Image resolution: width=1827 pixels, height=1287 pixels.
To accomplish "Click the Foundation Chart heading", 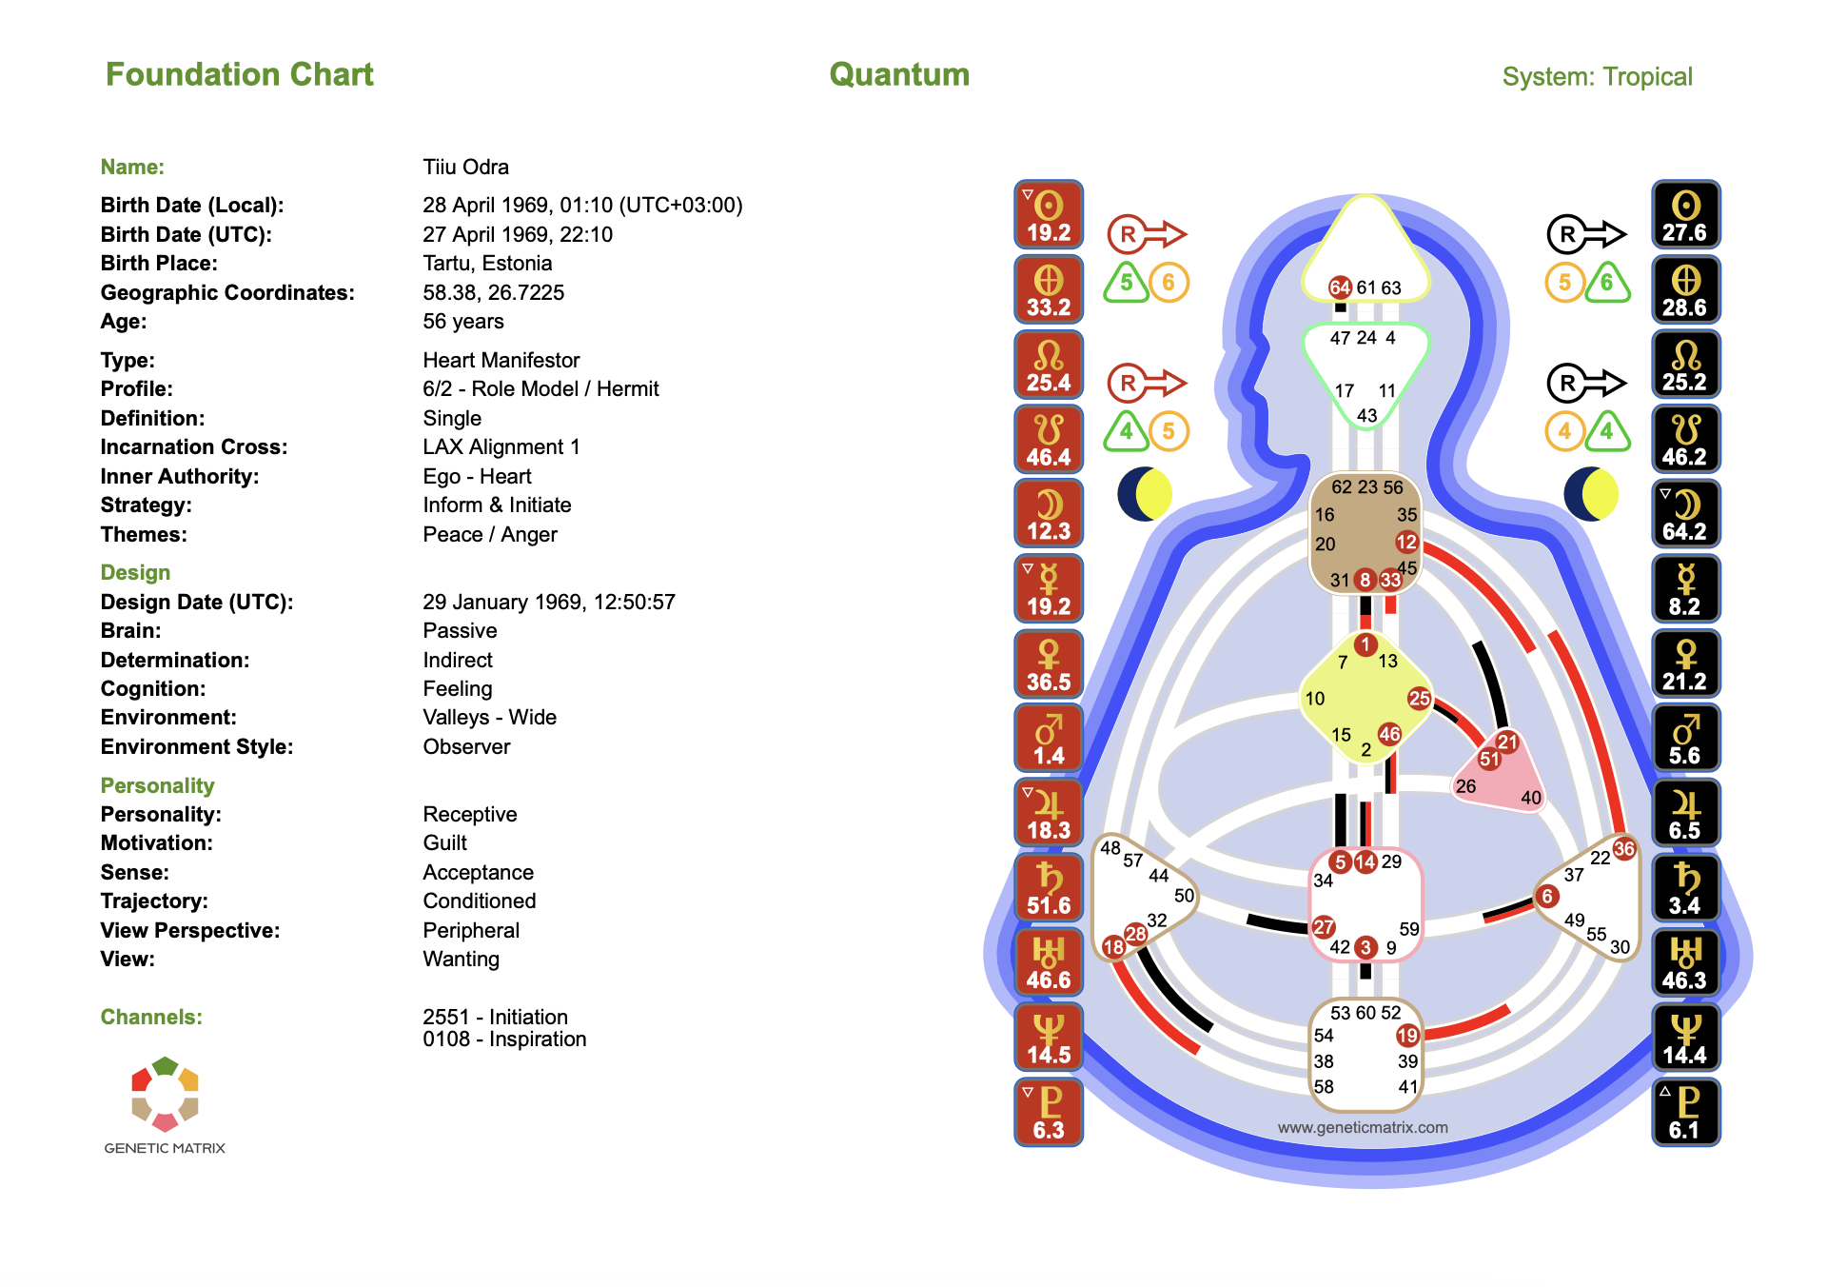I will point(239,74).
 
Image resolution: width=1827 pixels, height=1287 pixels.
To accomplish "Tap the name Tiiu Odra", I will point(465,167).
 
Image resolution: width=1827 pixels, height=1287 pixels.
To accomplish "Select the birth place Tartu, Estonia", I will point(487,263).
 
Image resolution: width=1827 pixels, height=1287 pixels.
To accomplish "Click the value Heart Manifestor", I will point(501,360).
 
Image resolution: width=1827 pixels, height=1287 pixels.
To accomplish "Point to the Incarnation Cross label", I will point(193,446).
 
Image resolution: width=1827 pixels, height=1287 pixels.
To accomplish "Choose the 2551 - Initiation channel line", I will point(495,1017).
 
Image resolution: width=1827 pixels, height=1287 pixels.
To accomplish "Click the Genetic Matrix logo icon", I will point(165,1094).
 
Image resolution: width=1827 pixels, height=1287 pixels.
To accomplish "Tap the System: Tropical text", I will point(1597,76).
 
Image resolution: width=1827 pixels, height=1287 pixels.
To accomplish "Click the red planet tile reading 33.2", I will point(1049,289).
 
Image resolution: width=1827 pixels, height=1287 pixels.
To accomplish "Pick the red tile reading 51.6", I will point(1049,887).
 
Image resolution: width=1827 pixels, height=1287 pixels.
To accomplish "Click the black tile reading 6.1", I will point(1685,1112).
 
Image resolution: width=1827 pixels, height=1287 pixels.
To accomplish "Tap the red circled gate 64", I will point(1340,287).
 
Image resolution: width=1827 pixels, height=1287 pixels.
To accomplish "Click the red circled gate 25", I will point(1419,698).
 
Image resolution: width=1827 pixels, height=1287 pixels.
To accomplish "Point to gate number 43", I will point(1366,416).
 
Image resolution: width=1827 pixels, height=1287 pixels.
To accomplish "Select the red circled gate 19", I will point(1407,1036).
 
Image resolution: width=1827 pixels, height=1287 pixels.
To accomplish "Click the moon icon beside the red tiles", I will point(1144,494).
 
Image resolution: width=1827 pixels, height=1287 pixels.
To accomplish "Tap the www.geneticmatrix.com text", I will point(1363,1127).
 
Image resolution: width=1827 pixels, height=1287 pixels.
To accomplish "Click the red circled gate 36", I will point(1624,848).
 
